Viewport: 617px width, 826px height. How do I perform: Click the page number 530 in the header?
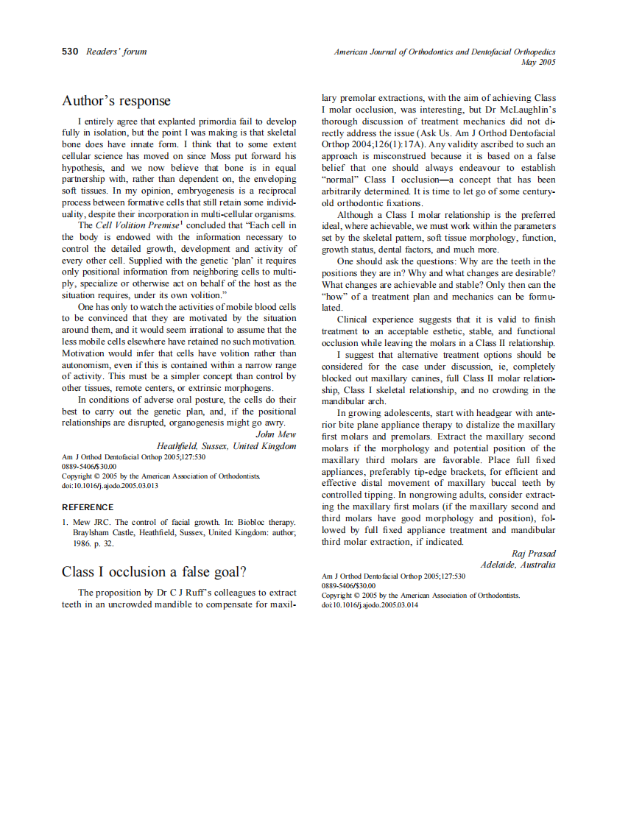70,52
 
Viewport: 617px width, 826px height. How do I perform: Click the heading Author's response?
116,101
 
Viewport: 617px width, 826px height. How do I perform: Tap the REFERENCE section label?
88,507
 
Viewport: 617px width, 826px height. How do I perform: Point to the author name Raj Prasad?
534,554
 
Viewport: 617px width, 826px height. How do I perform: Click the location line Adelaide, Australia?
518,565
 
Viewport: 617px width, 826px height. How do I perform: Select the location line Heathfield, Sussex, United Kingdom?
226,446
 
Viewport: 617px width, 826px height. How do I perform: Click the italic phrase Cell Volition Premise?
137,225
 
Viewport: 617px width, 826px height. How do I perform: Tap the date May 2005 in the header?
538,63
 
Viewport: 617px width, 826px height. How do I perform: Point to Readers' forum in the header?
116,52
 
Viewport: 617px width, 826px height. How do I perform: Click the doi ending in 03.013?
110,486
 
